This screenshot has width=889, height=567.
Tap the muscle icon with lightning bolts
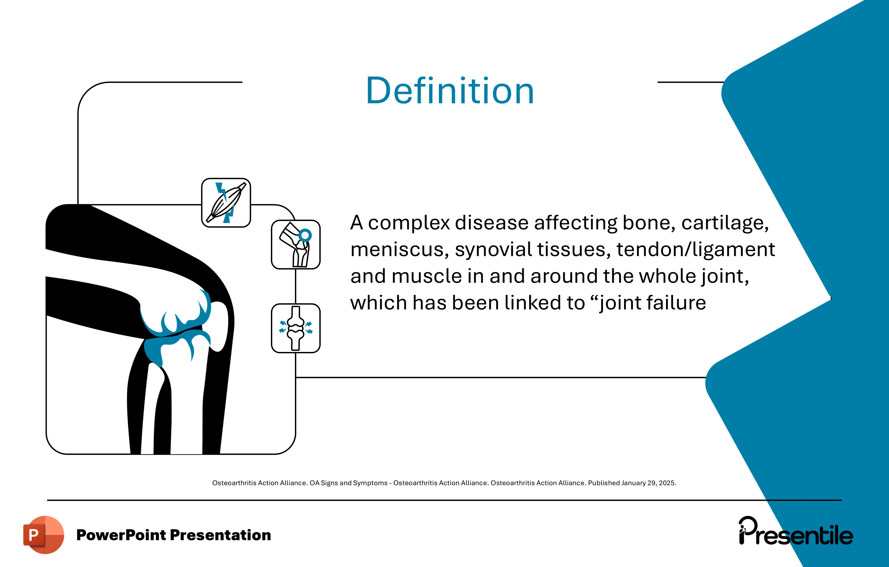226,203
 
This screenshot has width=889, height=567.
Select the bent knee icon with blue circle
296,245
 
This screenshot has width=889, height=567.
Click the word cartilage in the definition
725,223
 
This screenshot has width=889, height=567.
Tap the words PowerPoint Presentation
173,535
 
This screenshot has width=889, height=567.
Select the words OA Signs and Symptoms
348,483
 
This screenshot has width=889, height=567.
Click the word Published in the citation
604,483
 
